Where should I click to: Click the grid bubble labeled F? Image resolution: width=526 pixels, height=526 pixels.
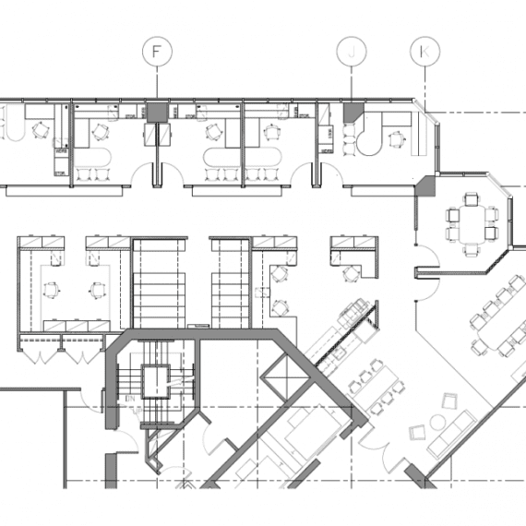coord(157,52)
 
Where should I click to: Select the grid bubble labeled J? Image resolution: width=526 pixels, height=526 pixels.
coord(352,52)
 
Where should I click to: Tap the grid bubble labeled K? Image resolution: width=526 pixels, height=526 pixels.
coord(425,52)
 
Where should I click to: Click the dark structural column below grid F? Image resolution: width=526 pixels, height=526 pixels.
coord(157,112)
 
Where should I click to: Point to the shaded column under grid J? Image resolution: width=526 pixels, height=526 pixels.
coord(353,112)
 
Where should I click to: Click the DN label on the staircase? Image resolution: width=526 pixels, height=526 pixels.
coord(130,399)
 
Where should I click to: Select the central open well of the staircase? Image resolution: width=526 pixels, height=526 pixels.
coord(155,382)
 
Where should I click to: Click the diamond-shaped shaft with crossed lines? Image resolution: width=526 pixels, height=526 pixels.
coord(286,378)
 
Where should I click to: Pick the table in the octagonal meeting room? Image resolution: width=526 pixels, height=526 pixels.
coord(472,223)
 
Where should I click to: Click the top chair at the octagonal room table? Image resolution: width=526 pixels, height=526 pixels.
coord(472,199)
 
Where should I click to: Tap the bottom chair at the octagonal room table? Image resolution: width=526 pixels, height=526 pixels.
coord(472,250)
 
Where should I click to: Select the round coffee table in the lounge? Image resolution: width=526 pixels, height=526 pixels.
coord(437,423)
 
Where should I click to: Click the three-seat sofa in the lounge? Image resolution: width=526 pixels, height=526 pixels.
coord(452,434)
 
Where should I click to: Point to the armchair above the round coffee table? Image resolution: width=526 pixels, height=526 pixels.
coord(449,401)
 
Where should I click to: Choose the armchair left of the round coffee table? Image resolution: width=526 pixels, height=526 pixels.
coord(417,432)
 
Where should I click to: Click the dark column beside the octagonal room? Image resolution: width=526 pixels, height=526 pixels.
coord(425,185)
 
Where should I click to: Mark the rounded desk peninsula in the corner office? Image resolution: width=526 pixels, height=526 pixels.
coord(369,138)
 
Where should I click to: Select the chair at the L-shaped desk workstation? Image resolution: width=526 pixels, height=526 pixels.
coord(350,273)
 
